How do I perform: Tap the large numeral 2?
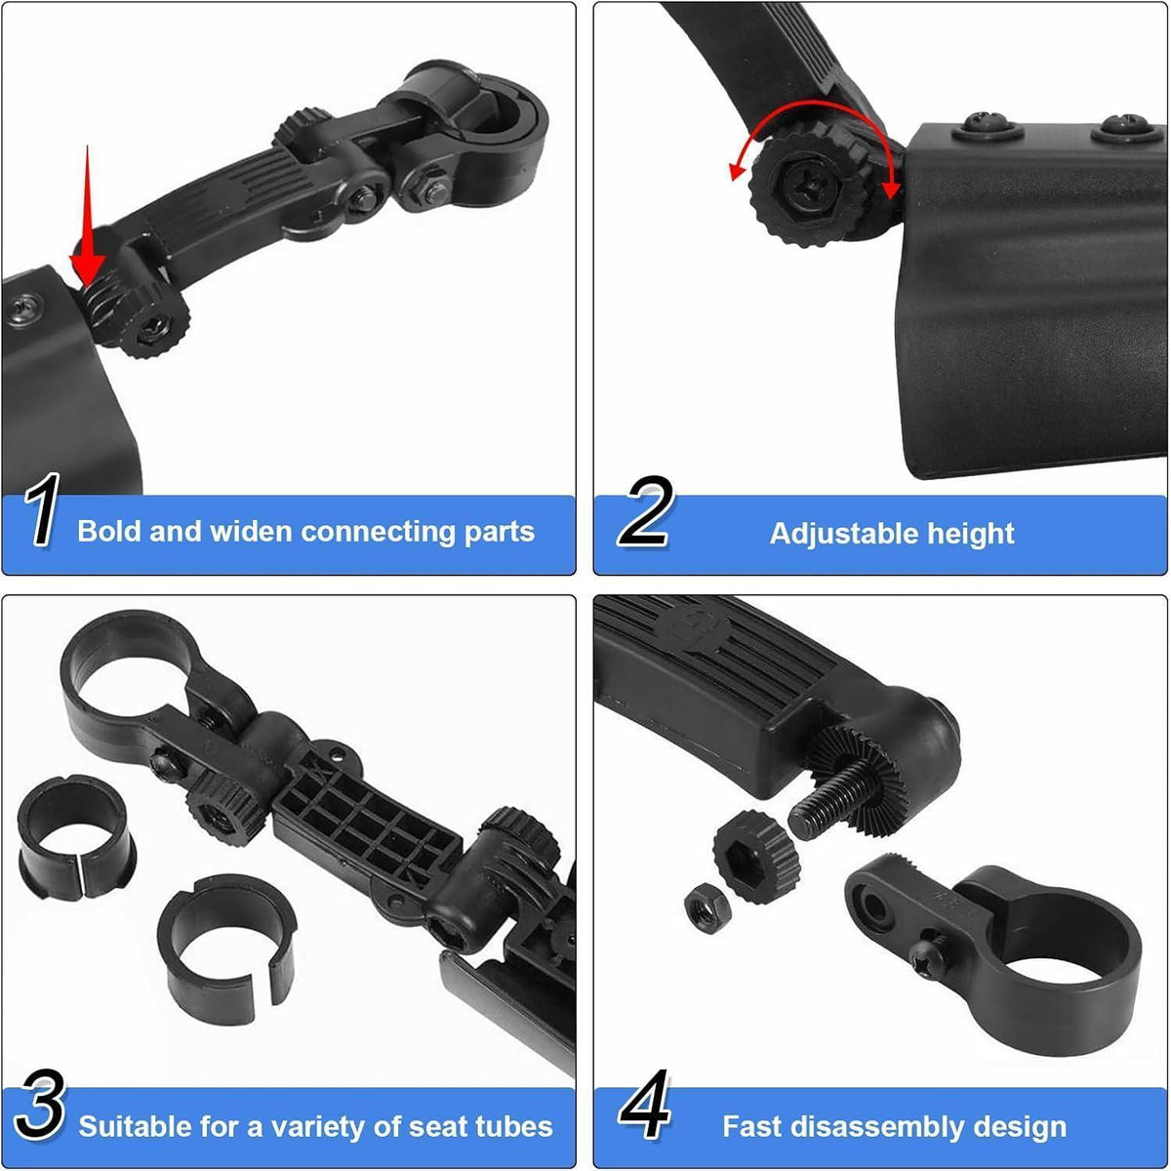(x=645, y=511)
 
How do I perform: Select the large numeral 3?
(x=39, y=1104)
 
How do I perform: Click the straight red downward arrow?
(x=88, y=216)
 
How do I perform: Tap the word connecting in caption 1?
(x=378, y=532)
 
